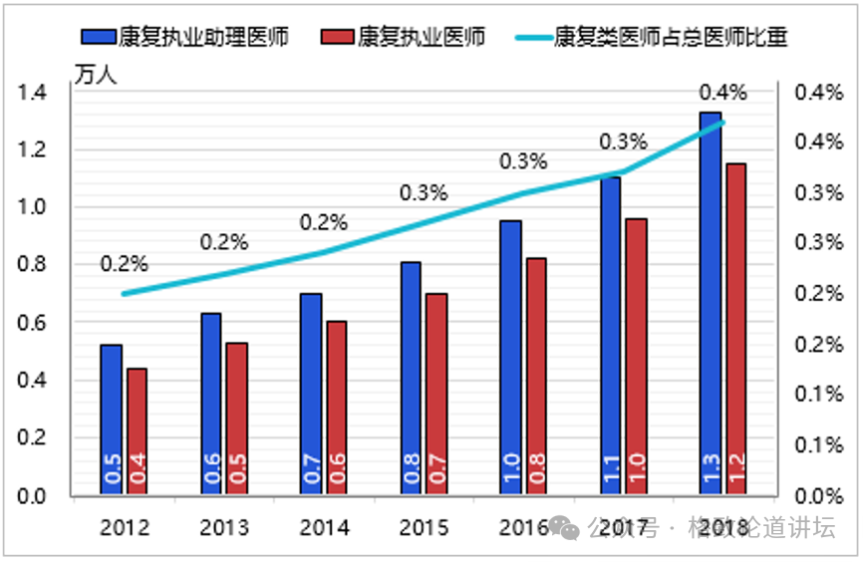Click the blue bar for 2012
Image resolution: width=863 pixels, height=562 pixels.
click(112, 419)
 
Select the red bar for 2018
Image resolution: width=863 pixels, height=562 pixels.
click(735, 329)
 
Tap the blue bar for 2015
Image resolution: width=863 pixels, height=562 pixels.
click(411, 379)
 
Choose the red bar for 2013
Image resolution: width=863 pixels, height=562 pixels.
click(236, 419)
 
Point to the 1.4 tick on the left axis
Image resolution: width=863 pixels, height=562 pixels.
click(33, 94)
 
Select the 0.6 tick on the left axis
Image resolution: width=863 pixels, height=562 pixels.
click(33, 323)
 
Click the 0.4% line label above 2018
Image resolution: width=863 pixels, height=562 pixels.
click(722, 94)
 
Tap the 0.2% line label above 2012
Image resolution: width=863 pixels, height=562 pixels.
click(124, 264)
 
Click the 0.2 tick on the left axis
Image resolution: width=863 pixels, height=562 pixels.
click(33, 437)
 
